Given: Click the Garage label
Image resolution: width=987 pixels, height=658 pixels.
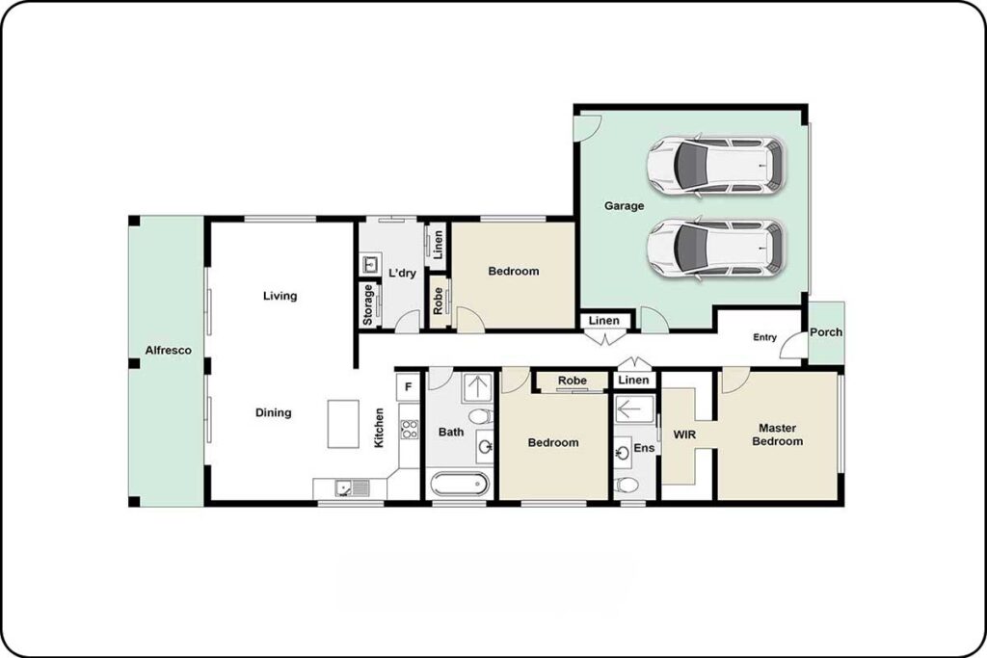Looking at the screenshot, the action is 624,206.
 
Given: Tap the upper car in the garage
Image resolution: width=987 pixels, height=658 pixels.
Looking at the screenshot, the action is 716,166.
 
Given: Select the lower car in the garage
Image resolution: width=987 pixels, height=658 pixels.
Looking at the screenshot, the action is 716,248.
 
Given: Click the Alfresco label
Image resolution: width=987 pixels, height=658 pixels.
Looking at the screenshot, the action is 168,351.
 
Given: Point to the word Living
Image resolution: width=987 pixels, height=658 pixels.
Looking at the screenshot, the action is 280,296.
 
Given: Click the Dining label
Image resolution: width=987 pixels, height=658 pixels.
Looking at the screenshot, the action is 273,412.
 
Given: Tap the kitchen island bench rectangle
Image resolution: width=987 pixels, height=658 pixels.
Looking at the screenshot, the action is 343,424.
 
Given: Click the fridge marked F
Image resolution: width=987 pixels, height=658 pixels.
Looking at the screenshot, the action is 408,387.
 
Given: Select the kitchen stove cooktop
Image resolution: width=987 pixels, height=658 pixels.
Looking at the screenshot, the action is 409,429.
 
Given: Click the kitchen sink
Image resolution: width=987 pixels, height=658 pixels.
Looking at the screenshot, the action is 352,487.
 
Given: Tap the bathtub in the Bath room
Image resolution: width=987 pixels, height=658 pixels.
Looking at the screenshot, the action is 460,484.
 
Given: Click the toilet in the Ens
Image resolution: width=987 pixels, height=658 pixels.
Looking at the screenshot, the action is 627,486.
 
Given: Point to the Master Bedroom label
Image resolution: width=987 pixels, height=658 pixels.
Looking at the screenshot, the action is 778,434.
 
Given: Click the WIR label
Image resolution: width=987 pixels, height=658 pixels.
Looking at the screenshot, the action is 684,434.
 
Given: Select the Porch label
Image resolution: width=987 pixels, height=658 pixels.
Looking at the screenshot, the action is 826,332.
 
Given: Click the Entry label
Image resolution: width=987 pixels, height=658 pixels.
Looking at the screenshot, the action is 764,337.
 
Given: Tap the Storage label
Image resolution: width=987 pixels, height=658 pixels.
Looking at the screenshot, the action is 368,304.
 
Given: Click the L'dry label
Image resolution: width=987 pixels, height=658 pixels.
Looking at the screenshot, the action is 402,273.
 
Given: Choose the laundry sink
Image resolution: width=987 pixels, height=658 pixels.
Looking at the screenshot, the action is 369,264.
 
